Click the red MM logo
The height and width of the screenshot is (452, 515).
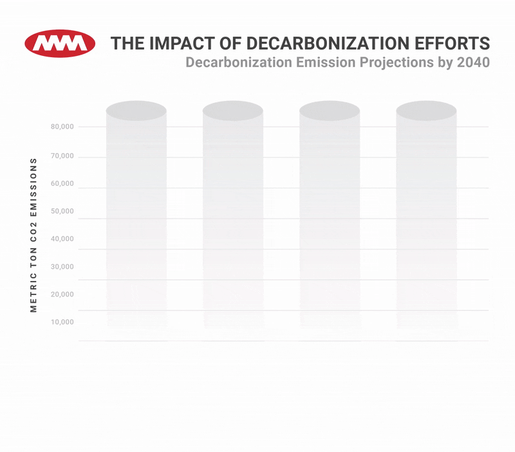(x=60, y=43)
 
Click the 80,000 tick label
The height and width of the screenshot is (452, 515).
(x=62, y=127)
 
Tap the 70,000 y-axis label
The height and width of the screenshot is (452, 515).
(x=62, y=156)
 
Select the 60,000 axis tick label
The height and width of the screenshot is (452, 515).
(x=62, y=184)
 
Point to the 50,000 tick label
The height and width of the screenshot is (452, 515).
(x=62, y=212)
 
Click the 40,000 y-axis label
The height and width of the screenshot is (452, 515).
(x=62, y=239)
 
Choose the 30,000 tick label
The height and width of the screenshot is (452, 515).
(x=62, y=267)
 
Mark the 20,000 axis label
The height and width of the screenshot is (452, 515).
(x=62, y=294)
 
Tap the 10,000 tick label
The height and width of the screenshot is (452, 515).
(x=62, y=322)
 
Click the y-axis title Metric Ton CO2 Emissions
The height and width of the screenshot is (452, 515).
(x=34, y=235)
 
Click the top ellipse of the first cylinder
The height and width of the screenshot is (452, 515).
(x=136, y=110)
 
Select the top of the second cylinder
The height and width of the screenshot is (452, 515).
(x=233, y=110)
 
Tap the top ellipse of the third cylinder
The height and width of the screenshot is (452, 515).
(x=330, y=110)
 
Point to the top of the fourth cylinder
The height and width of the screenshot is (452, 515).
(x=426, y=110)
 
